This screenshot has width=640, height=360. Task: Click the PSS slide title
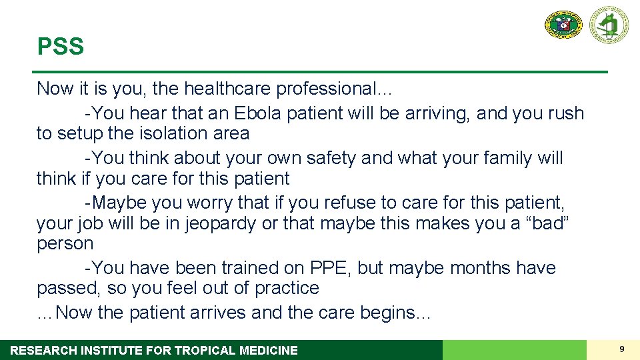[61, 47]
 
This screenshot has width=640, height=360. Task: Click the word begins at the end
[395, 313]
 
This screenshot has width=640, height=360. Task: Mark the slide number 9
[621, 349]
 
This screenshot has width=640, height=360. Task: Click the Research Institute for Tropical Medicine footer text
[154, 350]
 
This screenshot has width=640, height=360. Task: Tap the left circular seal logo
[563, 25]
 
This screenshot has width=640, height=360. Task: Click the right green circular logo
[608, 25]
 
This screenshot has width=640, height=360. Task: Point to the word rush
[565, 113]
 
